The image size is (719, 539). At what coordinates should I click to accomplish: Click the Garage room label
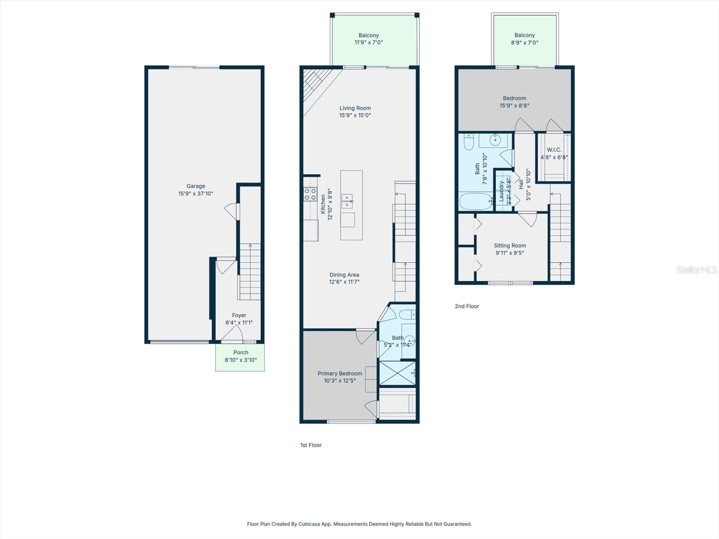pyautogui.click(x=195, y=186)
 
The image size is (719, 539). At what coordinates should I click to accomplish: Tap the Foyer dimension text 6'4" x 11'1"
pyautogui.click(x=239, y=323)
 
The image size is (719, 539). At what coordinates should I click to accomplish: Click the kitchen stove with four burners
pyautogui.click(x=310, y=194)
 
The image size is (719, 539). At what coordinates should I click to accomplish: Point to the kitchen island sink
pyautogui.click(x=347, y=201)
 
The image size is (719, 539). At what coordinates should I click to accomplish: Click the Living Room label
pyautogui.click(x=355, y=108)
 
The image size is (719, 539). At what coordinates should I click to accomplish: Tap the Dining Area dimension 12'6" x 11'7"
pyautogui.click(x=344, y=282)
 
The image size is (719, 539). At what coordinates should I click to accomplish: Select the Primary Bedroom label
pyautogui.click(x=340, y=373)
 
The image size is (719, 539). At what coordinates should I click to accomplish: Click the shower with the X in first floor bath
pyautogui.click(x=397, y=373)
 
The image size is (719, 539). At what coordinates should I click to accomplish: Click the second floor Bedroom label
pyautogui.click(x=515, y=98)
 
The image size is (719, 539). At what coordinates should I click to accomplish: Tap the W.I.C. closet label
pyautogui.click(x=554, y=150)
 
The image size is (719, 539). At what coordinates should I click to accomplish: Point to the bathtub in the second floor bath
pyautogui.click(x=475, y=201)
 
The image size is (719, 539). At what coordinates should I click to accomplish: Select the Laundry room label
pyautogui.click(x=502, y=191)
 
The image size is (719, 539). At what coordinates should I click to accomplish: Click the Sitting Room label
pyautogui.click(x=510, y=245)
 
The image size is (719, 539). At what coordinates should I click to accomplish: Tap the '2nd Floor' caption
pyautogui.click(x=467, y=306)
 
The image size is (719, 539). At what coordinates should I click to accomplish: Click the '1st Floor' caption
pyautogui.click(x=311, y=445)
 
